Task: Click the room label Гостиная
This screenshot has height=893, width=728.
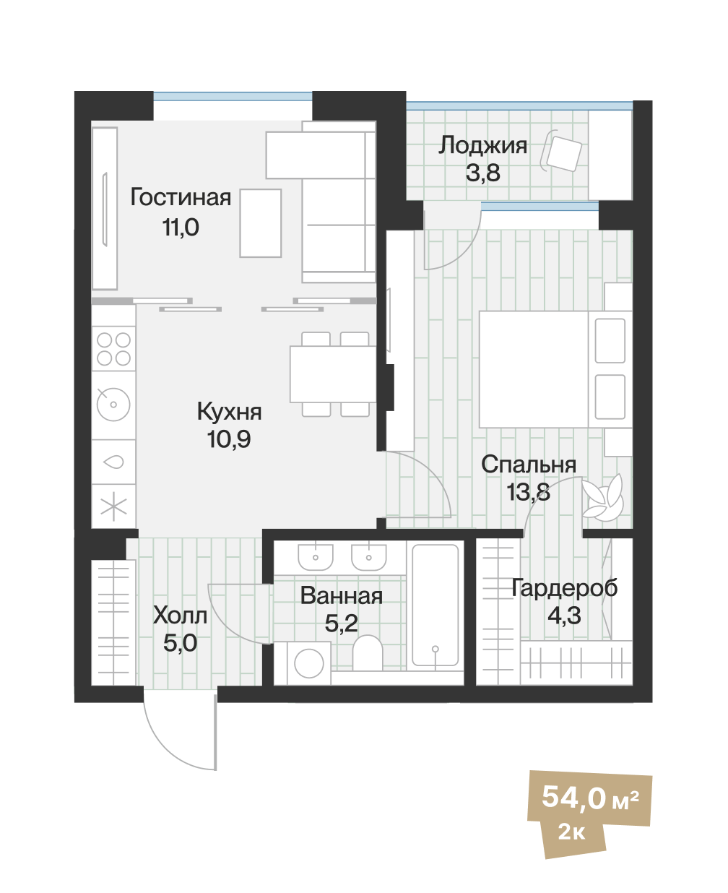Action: pos(181,198)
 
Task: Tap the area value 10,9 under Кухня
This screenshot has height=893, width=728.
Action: pos(229,439)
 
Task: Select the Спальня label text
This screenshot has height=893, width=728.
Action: pos(529,465)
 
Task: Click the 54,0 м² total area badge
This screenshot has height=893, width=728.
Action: pos(589,798)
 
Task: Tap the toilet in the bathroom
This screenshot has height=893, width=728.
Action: pos(368,653)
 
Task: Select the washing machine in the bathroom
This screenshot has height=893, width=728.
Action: pos(309,663)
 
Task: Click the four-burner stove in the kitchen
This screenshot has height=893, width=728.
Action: pos(114,348)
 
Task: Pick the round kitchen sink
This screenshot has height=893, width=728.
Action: pos(113,405)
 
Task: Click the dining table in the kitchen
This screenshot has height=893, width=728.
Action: pos(332,374)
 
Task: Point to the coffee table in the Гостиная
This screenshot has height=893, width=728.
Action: pos(260,223)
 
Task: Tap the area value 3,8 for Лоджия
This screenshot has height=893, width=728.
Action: pos(482,173)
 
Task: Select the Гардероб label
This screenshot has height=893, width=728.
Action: pos(564,589)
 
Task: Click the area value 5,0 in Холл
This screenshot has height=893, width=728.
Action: pos(180,643)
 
